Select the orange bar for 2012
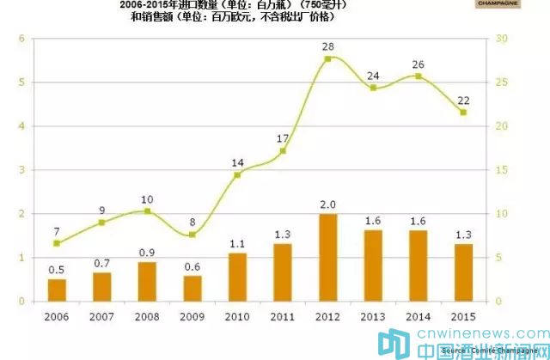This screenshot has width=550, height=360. click(327, 258)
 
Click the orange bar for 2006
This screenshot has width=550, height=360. click(58, 290)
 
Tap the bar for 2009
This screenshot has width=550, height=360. click(192, 289)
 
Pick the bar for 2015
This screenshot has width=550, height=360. click(463, 272)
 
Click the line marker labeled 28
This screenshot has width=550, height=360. click(327, 58)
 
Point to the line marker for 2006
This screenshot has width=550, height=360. click(58, 243)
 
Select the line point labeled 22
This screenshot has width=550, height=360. click(463, 112)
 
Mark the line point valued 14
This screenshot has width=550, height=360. click(238, 174)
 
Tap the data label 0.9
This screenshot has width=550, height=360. click(147, 252)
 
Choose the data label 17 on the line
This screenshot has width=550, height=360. click(284, 138)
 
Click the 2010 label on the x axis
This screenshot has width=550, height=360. click(238, 316)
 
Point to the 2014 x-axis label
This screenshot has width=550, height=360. click(419, 316)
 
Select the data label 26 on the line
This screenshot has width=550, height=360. click(419, 64)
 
